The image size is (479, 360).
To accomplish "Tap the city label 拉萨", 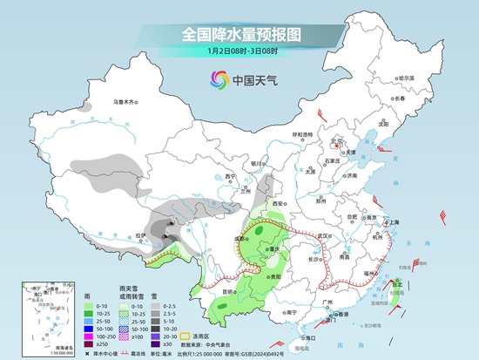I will pyautogui.click(x=142, y=234).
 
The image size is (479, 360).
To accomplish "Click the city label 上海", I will pyautogui.click(x=389, y=222).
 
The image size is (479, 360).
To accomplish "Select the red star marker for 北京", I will pyautogui.click(x=329, y=145).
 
